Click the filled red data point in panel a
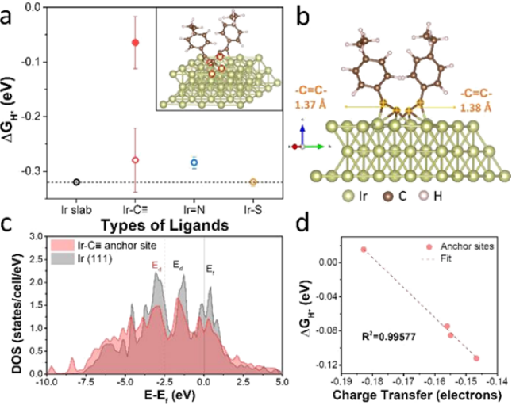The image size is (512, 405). pyautogui.click(x=135, y=42)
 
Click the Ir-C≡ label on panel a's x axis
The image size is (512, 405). pyautogui.click(x=135, y=213)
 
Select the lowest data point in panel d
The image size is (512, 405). pyautogui.click(x=476, y=358)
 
